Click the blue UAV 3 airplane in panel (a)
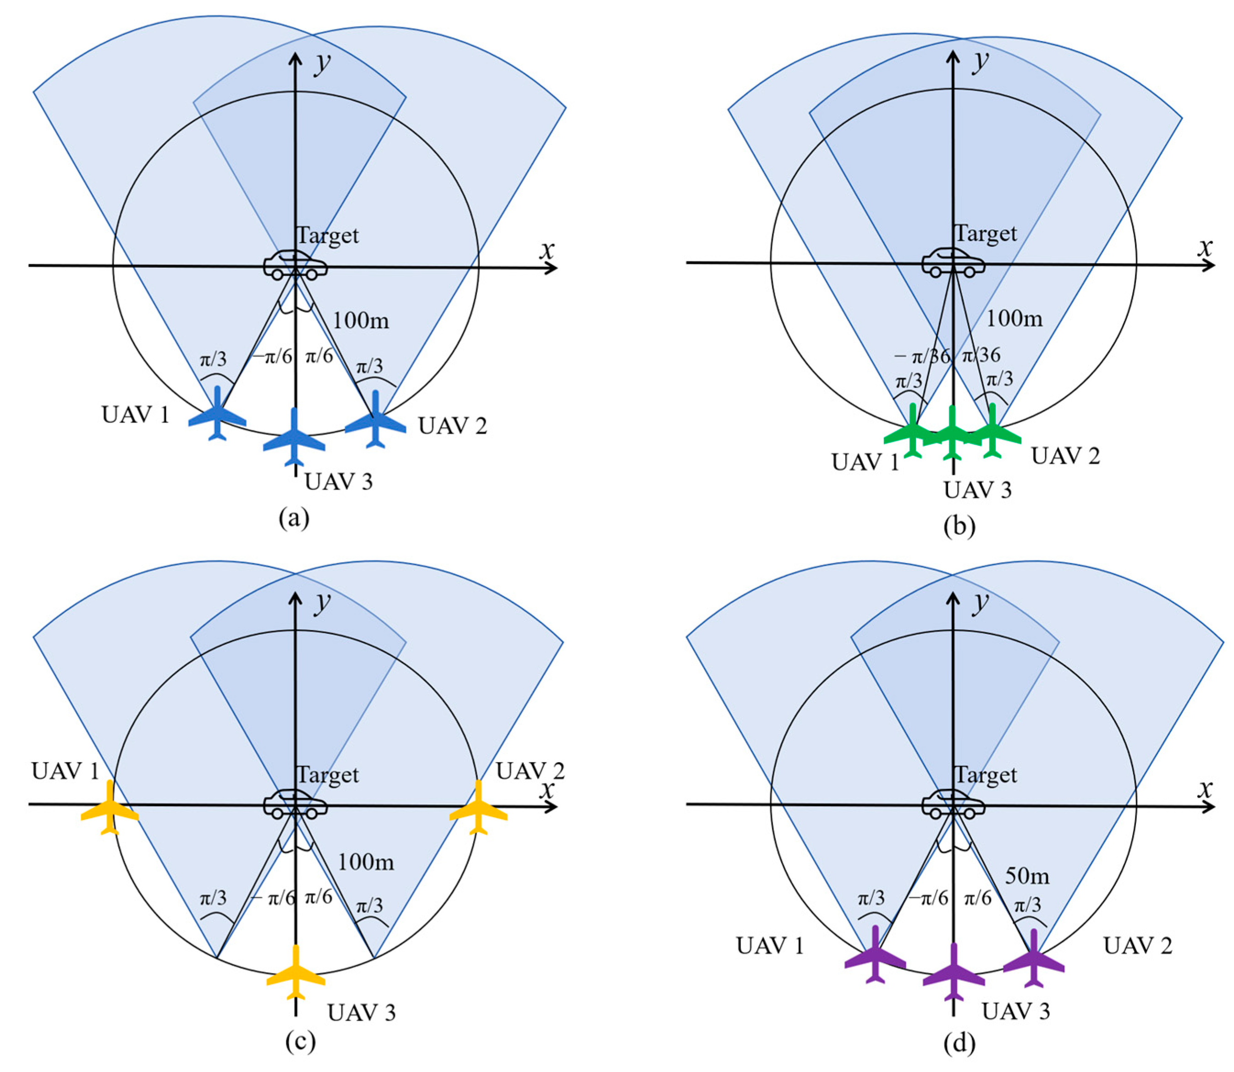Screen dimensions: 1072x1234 tap(294, 439)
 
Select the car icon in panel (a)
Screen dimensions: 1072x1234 tap(296, 265)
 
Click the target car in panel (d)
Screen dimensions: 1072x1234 tap(953, 803)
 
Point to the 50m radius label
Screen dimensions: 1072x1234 tap(1026, 876)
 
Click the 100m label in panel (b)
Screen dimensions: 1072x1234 tap(1014, 318)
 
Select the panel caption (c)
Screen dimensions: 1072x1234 tap(300, 1041)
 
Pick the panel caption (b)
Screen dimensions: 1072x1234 tap(959, 526)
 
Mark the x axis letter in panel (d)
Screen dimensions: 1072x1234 tap(1205, 788)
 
